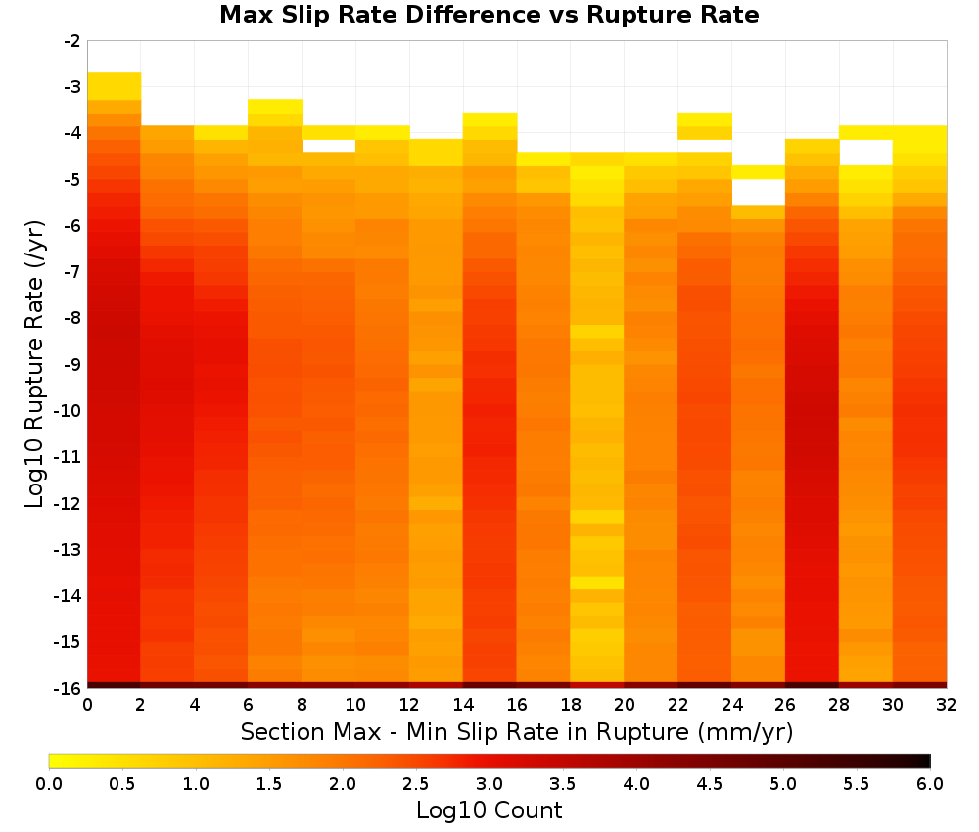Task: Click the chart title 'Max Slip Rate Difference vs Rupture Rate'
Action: click(x=489, y=15)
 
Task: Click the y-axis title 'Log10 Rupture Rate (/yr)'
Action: click(x=35, y=364)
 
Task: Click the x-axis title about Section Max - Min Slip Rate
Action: click(x=516, y=731)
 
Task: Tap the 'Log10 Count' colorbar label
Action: click(x=489, y=810)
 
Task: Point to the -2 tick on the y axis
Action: click(x=72, y=41)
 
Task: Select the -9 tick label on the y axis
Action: click(x=72, y=364)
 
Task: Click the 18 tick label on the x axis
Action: click(x=570, y=705)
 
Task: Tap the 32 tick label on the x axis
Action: click(x=946, y=705)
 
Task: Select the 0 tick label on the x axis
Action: click(x=87, y=705)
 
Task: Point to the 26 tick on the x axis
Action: click(x=785, y=705)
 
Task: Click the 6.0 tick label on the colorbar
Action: click(x=930, y=784)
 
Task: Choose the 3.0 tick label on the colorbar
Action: click(x=489, y=784)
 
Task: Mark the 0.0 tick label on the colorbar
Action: click(x=49, y=784)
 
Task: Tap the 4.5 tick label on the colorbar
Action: click(x=709, y=784)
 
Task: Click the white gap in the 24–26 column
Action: click(x=758, y=192)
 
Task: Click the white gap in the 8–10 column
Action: click(x=328, y=146)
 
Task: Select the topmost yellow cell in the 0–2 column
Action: click(x=115, y=86)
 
